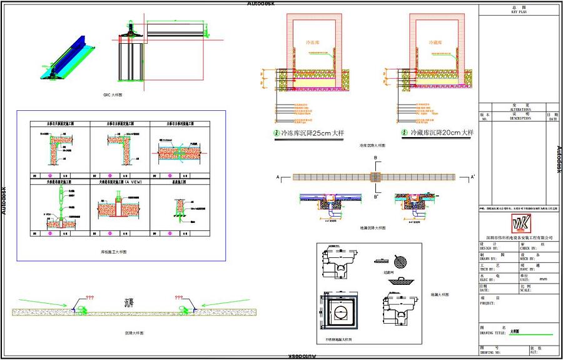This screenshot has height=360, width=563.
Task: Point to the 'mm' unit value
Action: click(542, 279)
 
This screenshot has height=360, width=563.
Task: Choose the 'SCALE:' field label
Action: click(529, 290)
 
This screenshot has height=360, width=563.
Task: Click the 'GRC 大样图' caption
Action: click(113, 95)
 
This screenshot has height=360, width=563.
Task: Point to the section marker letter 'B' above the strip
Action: click(375, 158)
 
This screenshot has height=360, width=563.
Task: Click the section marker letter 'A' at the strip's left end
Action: click(277, 178)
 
